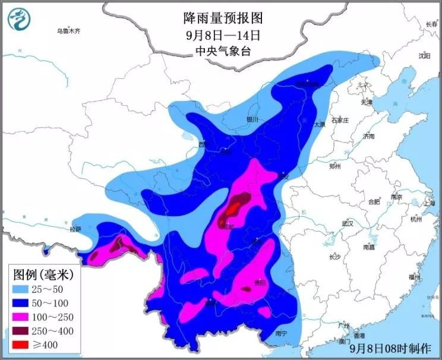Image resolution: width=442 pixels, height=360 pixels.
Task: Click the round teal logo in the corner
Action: coord(19,19)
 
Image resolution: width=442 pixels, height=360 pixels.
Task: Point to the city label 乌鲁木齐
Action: coord(68,30)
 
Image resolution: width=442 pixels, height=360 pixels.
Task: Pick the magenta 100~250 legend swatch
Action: coord(25,314)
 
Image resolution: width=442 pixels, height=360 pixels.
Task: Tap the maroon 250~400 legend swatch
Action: coord(25,327)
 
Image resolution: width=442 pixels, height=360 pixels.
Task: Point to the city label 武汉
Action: coord(348,223)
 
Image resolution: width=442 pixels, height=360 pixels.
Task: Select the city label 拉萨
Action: coord(75,229)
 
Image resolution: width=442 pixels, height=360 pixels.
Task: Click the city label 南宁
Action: coord(281,334)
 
